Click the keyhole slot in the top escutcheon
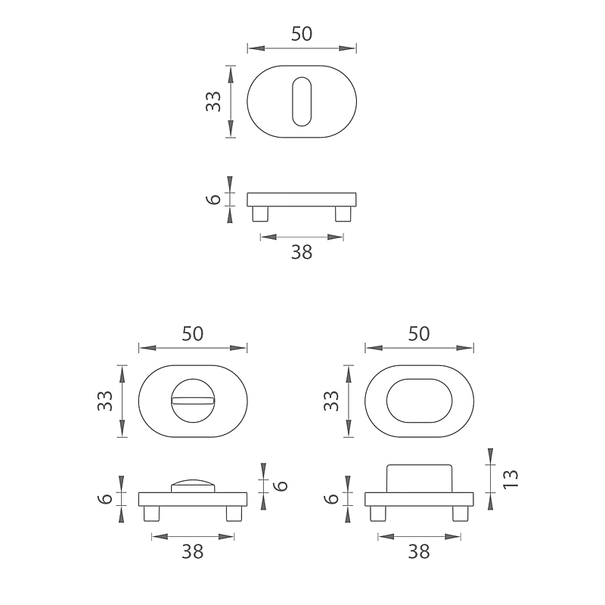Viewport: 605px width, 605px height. click(x=301, y=101)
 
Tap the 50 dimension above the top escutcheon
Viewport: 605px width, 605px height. click(x=301, y=34)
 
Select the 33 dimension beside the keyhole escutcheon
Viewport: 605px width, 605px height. click(x=213, y=101)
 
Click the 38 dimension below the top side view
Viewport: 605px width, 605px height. click(x=301, y=252)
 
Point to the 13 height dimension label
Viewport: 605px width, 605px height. click(x=510, y=479)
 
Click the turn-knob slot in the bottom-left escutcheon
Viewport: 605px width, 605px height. click(x=193, y=402)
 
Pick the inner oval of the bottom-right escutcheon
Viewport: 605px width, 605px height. click(x=419, y=401)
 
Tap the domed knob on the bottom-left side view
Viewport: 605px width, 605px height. click(x=193, y=486)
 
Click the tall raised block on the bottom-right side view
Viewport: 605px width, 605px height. click(x=419, y=479)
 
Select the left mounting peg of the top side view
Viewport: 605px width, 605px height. click(x=260, y=214)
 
